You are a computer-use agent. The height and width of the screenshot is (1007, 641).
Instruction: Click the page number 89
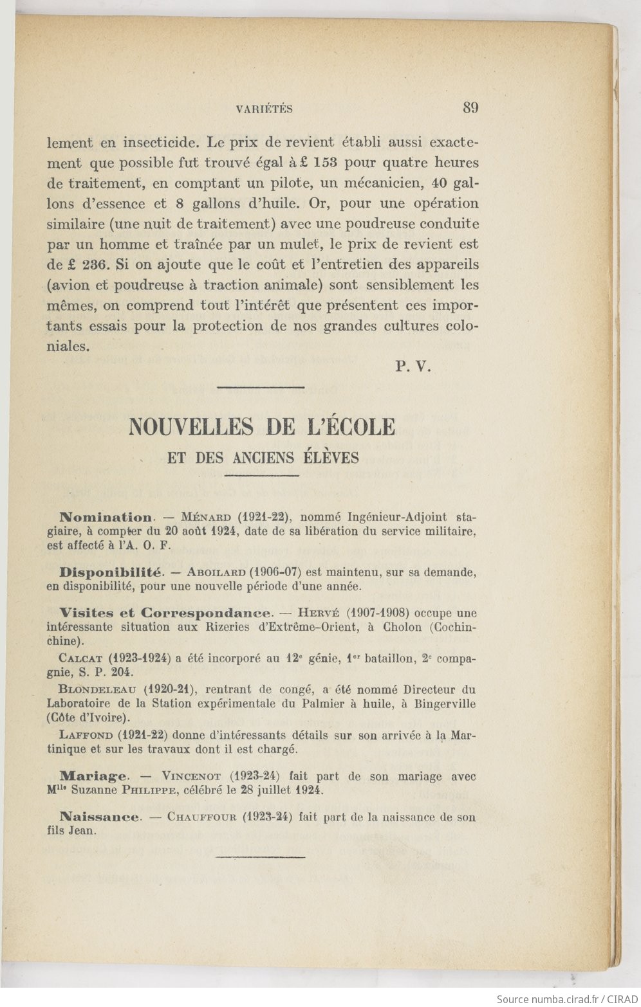click(x=470, y=107)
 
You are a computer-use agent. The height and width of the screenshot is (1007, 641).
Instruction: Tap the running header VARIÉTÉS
click(x=265, y=109)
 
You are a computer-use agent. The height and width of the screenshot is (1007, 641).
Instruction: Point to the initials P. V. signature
click(x=413, y=367)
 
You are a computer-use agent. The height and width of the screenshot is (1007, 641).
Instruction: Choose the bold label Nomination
click(x=106, y=517)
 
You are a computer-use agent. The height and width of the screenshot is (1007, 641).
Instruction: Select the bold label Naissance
click(x=100, y=817)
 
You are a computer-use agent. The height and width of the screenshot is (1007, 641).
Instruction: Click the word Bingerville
click(x=444, y=703)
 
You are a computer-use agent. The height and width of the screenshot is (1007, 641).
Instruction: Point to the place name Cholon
click(x=404, y=627)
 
